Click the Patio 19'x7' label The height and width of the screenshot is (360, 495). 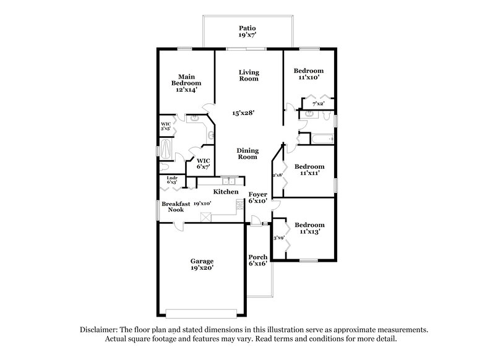247,33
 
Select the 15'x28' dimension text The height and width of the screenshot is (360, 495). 243,113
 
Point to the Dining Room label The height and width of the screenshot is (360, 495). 247,153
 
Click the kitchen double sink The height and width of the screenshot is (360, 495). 229,181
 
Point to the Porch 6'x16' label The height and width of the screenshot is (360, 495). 257,260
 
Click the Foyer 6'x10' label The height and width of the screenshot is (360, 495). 257,197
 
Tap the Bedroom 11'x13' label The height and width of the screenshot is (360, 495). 309,228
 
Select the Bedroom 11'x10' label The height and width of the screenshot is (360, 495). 308,75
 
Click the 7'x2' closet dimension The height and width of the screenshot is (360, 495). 318,103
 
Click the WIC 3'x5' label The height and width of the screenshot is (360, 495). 166,126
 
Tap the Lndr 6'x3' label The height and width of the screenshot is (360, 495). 172,180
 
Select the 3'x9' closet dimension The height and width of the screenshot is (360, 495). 278,238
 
